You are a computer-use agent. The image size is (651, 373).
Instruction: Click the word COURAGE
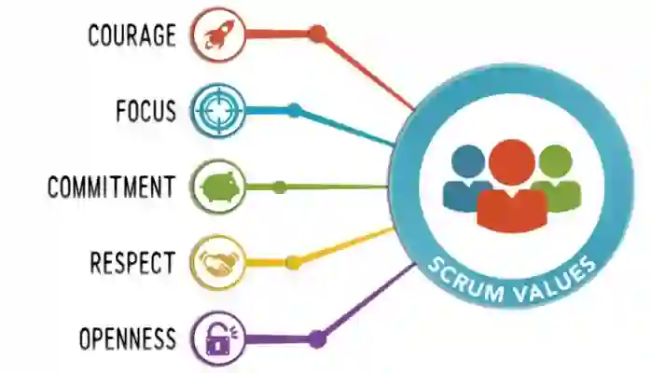point(132,35)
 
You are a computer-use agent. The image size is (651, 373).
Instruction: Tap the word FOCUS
point(145,111)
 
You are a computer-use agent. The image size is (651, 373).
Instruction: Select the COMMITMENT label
point(111,186)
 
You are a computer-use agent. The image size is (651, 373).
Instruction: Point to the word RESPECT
point(132,262)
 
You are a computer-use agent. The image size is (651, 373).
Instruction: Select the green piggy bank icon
point(218,186)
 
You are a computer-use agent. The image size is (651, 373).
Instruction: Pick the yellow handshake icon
point(218,262)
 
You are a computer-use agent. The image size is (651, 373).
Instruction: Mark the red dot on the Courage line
point(317,35)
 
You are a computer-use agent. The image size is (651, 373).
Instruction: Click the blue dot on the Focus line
point(294,110)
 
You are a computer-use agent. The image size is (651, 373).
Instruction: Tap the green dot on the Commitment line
point(279,186)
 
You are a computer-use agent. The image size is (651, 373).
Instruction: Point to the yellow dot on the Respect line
point(293,262)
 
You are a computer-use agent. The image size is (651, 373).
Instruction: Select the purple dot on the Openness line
point(317,338)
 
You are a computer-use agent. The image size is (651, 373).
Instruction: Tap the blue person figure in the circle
point(466,177)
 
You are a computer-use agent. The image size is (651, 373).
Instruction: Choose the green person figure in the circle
point(556,177)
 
